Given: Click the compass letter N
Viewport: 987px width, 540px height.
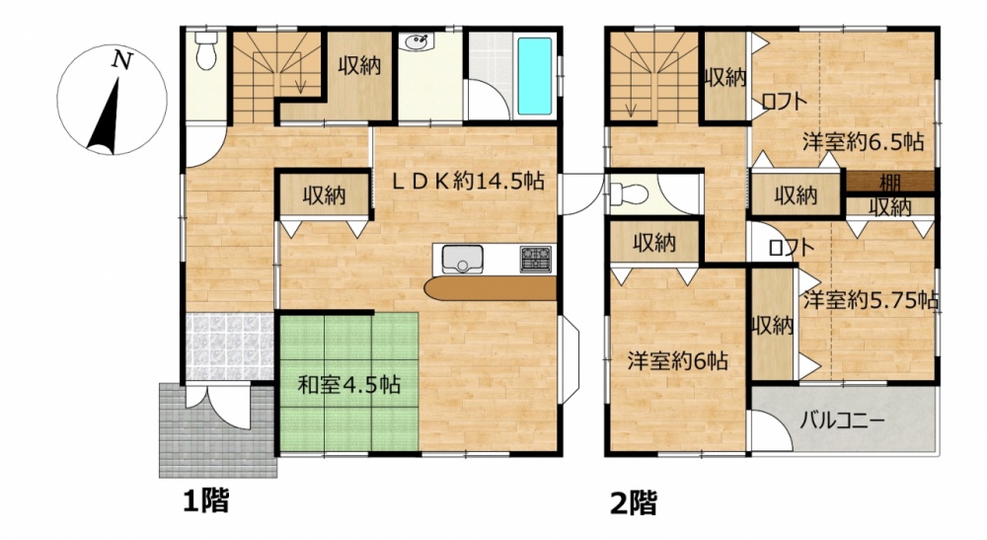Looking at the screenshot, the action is (122, 60).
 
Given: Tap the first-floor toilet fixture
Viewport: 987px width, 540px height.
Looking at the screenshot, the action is (204, 50).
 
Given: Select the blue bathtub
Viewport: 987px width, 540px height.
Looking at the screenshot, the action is (534, 76).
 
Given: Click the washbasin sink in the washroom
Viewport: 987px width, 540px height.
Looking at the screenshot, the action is (417, 42).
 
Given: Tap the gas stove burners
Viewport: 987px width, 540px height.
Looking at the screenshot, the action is (535, 260).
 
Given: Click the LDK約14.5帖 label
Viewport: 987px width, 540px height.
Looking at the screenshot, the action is (469, 182).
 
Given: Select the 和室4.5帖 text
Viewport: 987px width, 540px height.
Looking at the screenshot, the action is (348, 384).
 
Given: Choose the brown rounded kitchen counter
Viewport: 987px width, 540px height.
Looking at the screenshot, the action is (491, 289).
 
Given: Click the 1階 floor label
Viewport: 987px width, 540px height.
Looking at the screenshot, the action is (206, 501).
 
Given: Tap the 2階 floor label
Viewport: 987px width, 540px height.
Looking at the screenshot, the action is (634, 502).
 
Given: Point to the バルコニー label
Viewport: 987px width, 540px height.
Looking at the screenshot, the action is (843, 420).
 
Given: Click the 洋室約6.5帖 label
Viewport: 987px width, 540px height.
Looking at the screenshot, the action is (863, 142).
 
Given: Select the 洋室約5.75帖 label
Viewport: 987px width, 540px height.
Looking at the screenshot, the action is (871, 300).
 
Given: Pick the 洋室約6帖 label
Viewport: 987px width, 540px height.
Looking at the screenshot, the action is (677, 360).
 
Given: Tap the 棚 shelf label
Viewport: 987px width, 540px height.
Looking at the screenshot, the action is (889, 184).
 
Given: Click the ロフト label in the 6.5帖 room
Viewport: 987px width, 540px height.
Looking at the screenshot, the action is (785, 101).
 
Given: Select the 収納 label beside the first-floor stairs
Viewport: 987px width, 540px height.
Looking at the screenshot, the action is (360, 65).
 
